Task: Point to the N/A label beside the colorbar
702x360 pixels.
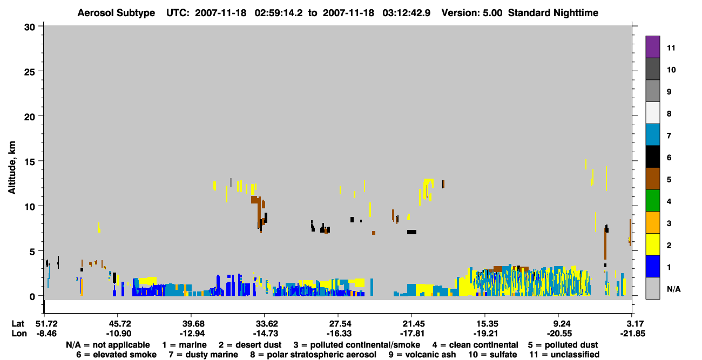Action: [673, 289]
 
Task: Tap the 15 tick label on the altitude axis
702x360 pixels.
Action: [30, 162]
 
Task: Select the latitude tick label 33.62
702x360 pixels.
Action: [266, 324]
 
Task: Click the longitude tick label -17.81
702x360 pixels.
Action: [412, 334]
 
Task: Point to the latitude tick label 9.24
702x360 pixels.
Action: [559, 324]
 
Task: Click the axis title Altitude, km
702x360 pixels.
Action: [12, 168]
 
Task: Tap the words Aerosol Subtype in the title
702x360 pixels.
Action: [116, 13]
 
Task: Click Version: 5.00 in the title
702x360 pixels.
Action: [472, 13]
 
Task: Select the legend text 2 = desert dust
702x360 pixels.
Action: [250, 345]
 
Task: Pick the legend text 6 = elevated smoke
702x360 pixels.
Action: [116, 355]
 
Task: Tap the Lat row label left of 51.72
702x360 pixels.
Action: [18, 324]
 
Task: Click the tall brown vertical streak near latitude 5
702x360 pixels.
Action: [605, 243]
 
